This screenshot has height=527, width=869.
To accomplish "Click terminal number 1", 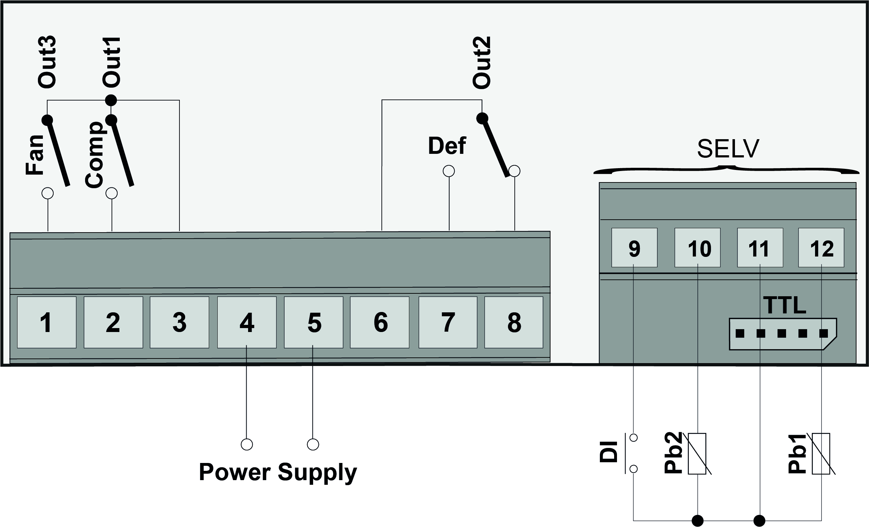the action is pos(46,322).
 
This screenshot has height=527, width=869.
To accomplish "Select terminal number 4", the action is pos(247,322).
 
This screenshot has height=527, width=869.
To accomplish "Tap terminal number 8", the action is pos(514,322).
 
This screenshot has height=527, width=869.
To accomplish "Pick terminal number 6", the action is pos(380,322).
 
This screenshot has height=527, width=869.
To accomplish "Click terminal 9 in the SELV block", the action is pos(634,248).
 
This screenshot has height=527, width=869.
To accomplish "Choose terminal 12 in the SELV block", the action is pos(821,248).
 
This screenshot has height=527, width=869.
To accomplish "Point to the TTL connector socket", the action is pos(782,334).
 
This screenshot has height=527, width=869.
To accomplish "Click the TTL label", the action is pos(785,305).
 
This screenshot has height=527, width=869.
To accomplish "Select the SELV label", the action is pos(728,149).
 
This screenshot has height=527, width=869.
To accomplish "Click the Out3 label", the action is pos(47,62).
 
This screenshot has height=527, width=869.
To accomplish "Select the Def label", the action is pos(447,146).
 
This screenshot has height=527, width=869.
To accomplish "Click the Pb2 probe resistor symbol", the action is pos(697,454).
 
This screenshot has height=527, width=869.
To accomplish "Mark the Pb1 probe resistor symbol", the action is pos(821,454).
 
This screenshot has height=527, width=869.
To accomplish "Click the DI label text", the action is pos(608,452).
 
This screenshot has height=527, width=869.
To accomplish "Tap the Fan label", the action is pos(34,155).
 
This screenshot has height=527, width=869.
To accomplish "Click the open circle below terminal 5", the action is pos(313,444).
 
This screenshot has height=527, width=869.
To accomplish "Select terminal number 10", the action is pos(697,248).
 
